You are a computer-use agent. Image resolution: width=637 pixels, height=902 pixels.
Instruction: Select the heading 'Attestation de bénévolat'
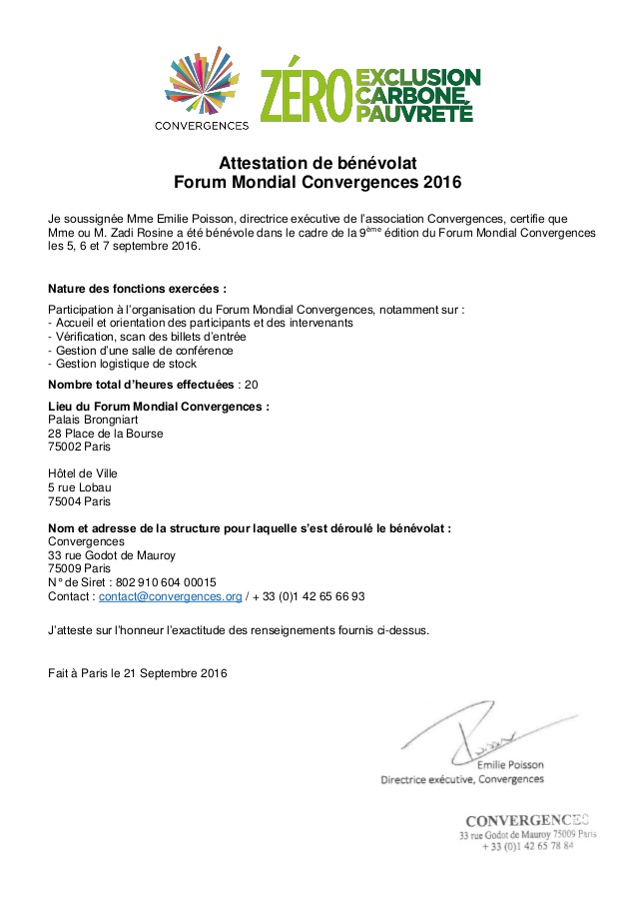click(x=318, y=164)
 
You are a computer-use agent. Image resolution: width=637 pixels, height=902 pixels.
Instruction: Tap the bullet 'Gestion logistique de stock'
click(x=125, y=364)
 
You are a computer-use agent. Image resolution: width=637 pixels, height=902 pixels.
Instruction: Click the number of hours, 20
click(x=252, y=385)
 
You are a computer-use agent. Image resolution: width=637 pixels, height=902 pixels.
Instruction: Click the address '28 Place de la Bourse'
click(x=106, y=434)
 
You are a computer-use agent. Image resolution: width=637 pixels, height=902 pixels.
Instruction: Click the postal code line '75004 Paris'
click(x=79, y=501)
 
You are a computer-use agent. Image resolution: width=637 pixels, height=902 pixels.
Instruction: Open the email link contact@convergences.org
click(x=170, y=596)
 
